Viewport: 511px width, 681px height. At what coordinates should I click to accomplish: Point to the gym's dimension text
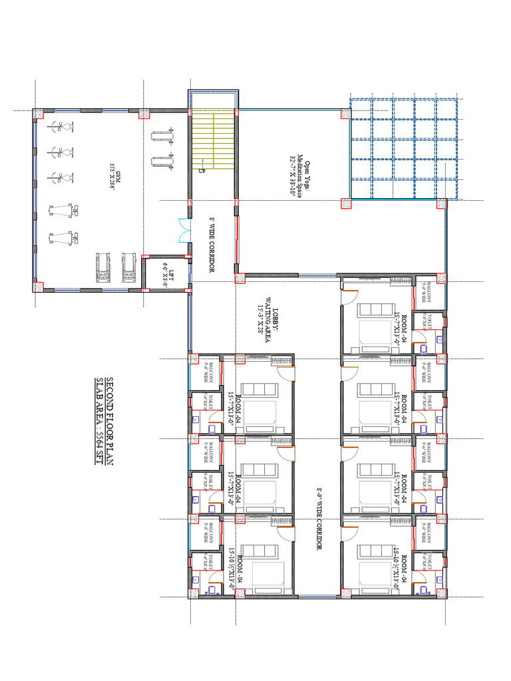112,176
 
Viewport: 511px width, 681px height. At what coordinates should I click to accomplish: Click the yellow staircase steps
213,140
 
